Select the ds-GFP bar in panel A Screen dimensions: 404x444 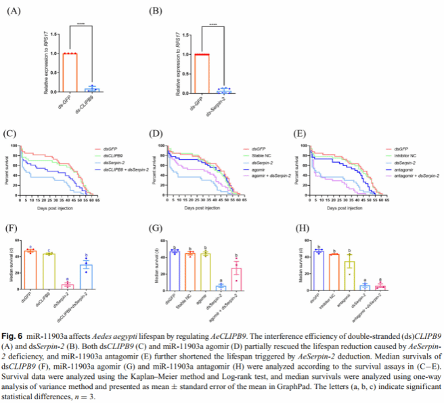point(69,70)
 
